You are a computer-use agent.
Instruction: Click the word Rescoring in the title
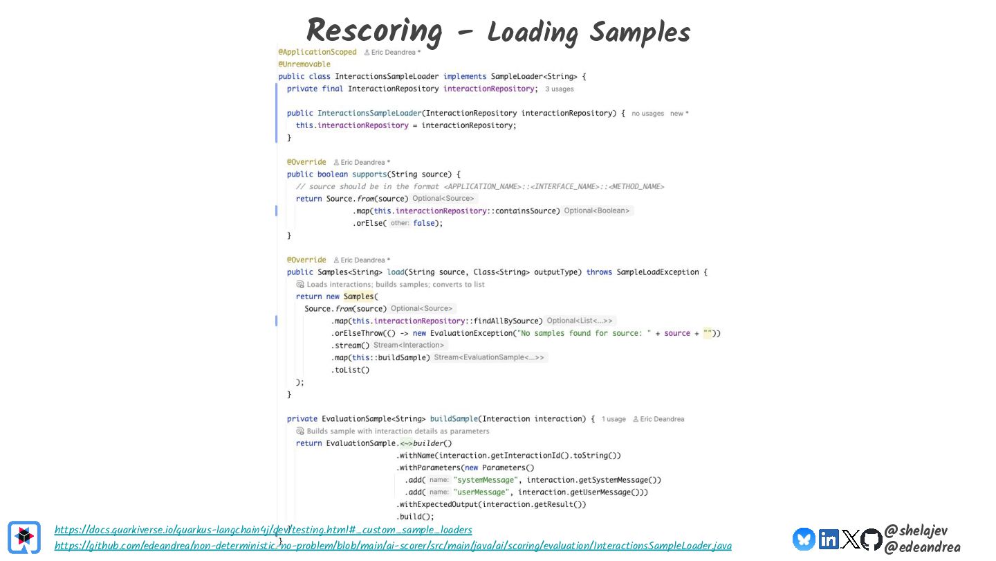[373, 31]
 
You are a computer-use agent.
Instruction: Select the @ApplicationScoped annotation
[317, 52]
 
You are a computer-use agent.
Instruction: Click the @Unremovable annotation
[304, 64]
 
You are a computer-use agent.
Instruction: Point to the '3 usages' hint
[559, 89]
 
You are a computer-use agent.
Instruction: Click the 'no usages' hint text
[647, 114]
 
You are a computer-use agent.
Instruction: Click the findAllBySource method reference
[509, 321]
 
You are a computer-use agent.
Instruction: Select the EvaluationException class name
[481, 333]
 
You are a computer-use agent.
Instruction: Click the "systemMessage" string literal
[485, 480]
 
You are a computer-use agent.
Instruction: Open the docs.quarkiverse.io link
[263, 530]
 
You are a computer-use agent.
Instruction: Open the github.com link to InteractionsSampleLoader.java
[392, 546]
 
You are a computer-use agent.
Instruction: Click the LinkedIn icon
[828, 539]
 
